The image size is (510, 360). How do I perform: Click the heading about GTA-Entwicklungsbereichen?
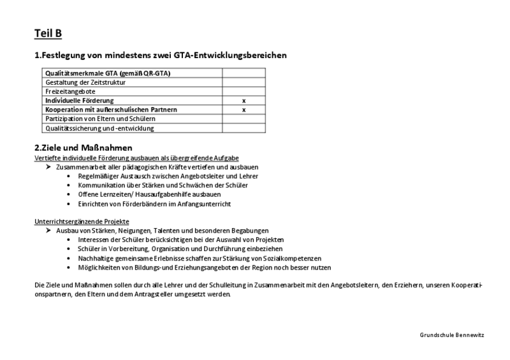pyautogui.click(x=160, y=55)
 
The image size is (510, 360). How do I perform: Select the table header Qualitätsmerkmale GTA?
pyautogui.click(x=107, y=73)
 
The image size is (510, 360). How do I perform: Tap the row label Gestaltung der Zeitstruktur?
pyautogui.click(x=85, y=82)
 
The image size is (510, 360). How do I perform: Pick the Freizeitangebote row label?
pyautogui.click(x=70, y=92)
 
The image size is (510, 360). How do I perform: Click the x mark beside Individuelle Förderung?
pyautogui.click(x=244, y=101)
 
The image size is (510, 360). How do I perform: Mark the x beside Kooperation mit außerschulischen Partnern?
pyautogui.click(x=244, y=110)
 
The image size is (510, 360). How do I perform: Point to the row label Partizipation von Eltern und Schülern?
pyautogui.click(x=100, y=119)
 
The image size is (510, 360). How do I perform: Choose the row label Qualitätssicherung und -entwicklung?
pyautogui.click(x=99, y=128)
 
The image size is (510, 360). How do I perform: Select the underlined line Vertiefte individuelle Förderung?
pyautogui.click(x=136, y=157)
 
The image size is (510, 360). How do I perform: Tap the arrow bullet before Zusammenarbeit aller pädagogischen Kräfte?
pyautogui.click(x=49, y=166)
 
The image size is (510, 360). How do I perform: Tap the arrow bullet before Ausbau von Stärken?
pyautogui.click(x=49, y=230)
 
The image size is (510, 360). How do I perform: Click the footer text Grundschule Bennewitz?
pyautogui.click(x=452, y=335)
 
